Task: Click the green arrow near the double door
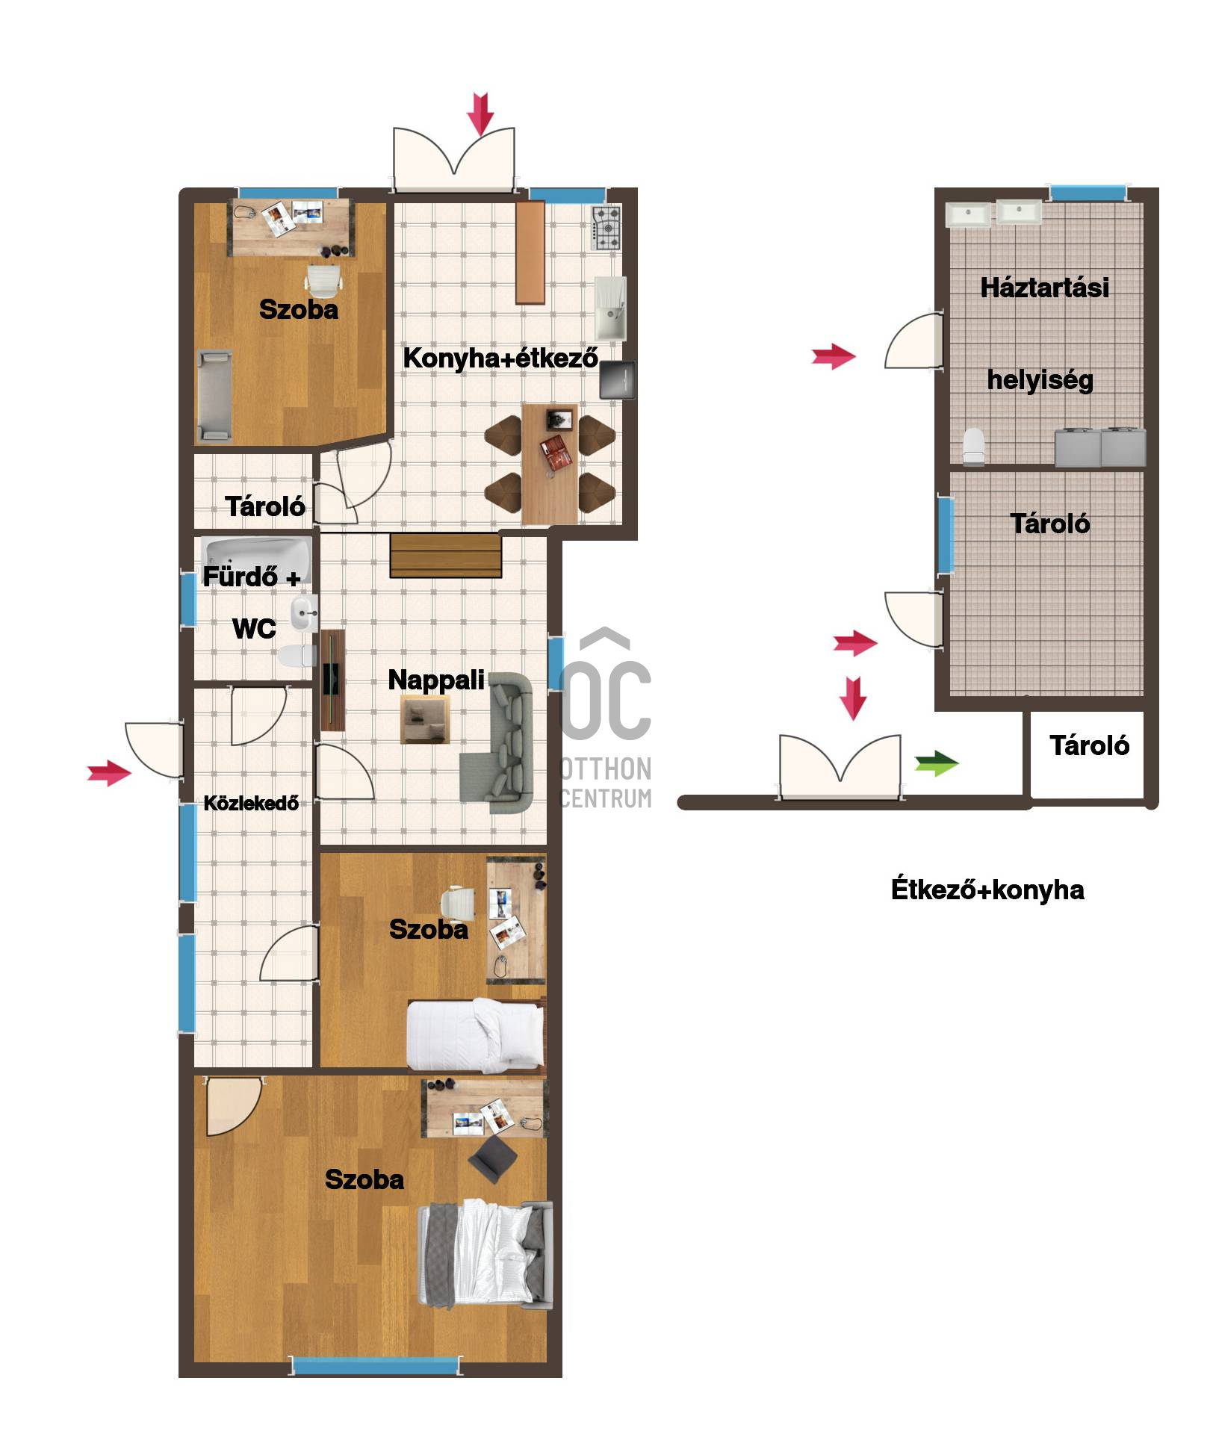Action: point(937,763)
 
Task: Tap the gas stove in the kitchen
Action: point(606,228)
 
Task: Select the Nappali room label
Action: point(436,680)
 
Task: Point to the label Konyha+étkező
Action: point(500,358)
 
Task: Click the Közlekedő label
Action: point(251,803)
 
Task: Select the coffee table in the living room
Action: point(425,719)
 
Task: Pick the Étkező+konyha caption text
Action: point(987,890)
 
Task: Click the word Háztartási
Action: point(1044,288)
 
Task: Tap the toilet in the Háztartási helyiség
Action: point(973,446)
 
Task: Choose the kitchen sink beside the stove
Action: point(610,307)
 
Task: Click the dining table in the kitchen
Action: point(550,464)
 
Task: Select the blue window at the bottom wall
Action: point(375,1366)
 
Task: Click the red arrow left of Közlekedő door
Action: point(109,772)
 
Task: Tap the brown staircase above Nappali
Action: point(445,556)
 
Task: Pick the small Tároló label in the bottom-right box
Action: point(1089,745)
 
